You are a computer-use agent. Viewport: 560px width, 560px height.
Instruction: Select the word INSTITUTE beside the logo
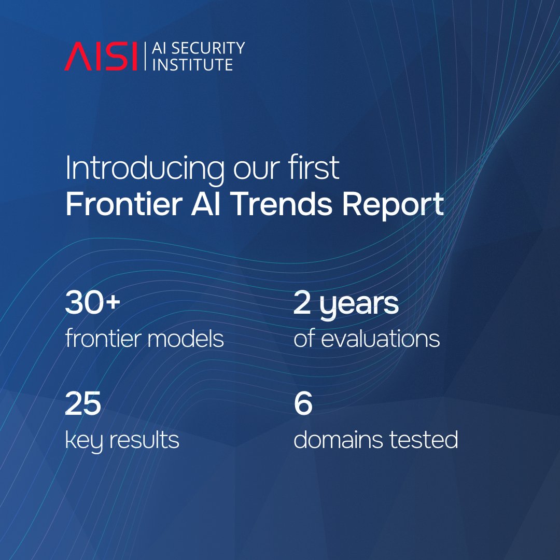(x=191, y=64)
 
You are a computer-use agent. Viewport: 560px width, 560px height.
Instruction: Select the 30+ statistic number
(x=93, y=304)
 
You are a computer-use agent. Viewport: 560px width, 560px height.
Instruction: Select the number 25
(x=82, y=405)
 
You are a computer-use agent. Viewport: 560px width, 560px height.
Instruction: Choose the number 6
(x=303, y=405)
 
